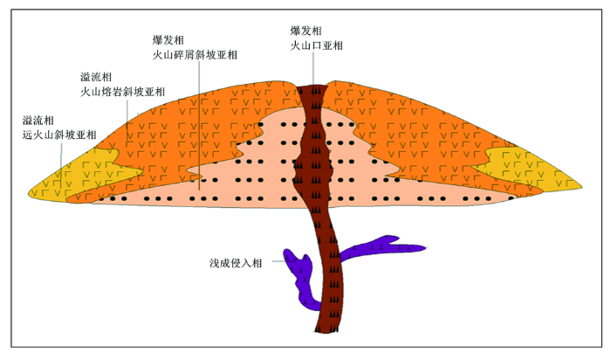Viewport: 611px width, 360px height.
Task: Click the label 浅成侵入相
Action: [236, 263]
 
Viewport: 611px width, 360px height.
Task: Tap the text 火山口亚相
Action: [316, 45]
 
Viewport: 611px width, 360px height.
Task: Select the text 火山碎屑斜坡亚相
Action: [195, 54]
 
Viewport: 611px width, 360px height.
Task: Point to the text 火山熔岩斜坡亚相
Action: [123, 92]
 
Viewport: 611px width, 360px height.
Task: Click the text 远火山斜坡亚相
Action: [59, 135]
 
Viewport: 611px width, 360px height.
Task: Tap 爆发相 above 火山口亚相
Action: [305, 31]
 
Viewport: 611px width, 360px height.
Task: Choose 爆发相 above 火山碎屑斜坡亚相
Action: [168, 40]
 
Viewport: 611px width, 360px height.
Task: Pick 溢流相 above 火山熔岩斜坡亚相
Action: [96, 77]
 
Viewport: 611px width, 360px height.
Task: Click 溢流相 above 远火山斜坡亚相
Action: [38, 120]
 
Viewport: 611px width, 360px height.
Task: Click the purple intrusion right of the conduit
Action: [380, 248]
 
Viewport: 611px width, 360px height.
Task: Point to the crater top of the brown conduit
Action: [312, 86]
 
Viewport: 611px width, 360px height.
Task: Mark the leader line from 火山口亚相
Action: [312, 69]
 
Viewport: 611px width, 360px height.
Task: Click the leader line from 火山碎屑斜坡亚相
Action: [199, 125]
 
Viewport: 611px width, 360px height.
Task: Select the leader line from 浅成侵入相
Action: [279, 261]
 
